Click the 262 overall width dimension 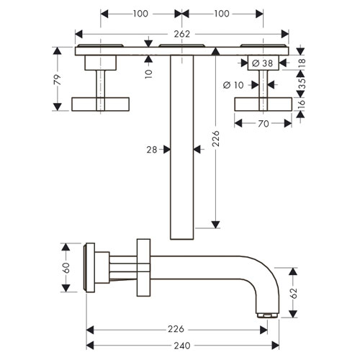182,34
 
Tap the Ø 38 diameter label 263,63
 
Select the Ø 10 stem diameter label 233,85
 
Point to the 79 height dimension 58,79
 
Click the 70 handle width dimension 264,124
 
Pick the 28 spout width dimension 152,150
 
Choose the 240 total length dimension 182,346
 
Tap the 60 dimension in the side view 66,268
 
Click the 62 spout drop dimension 294,293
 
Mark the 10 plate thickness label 149,74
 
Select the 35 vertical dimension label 302,84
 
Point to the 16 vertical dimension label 302,104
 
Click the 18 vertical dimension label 302,63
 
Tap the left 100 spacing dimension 140,14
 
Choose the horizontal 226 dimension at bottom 176,329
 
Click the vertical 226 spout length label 216,138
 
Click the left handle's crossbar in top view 101,104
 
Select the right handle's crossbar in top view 264,104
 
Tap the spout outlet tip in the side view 268,315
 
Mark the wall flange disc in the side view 89,268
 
